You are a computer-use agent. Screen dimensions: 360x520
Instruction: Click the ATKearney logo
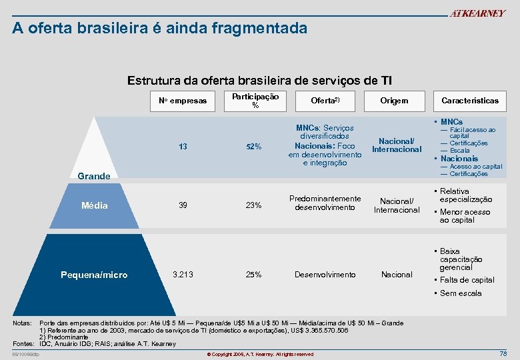click(477, 13)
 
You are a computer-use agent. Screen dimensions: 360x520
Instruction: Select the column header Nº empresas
click(183, 101)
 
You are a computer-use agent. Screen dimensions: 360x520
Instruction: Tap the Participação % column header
click(255, 100)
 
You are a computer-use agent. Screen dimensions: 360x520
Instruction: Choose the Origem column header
click(394, 101)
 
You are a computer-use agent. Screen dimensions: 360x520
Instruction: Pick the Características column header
click(469, 101)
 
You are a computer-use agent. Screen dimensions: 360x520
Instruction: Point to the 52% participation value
click(253, 147)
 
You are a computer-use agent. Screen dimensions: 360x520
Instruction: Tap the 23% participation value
click(253, 205)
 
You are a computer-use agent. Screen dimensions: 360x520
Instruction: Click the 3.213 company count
click(183, 274)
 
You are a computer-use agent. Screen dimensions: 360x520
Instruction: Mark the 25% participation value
click(253, 275)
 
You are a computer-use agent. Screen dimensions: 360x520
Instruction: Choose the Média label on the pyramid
click(94, 205)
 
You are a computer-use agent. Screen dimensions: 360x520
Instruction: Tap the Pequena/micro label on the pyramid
click(94, 275)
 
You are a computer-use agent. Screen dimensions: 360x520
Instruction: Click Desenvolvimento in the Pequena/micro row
click(325, 275)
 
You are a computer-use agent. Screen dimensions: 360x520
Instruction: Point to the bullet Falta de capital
click(467, 280)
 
